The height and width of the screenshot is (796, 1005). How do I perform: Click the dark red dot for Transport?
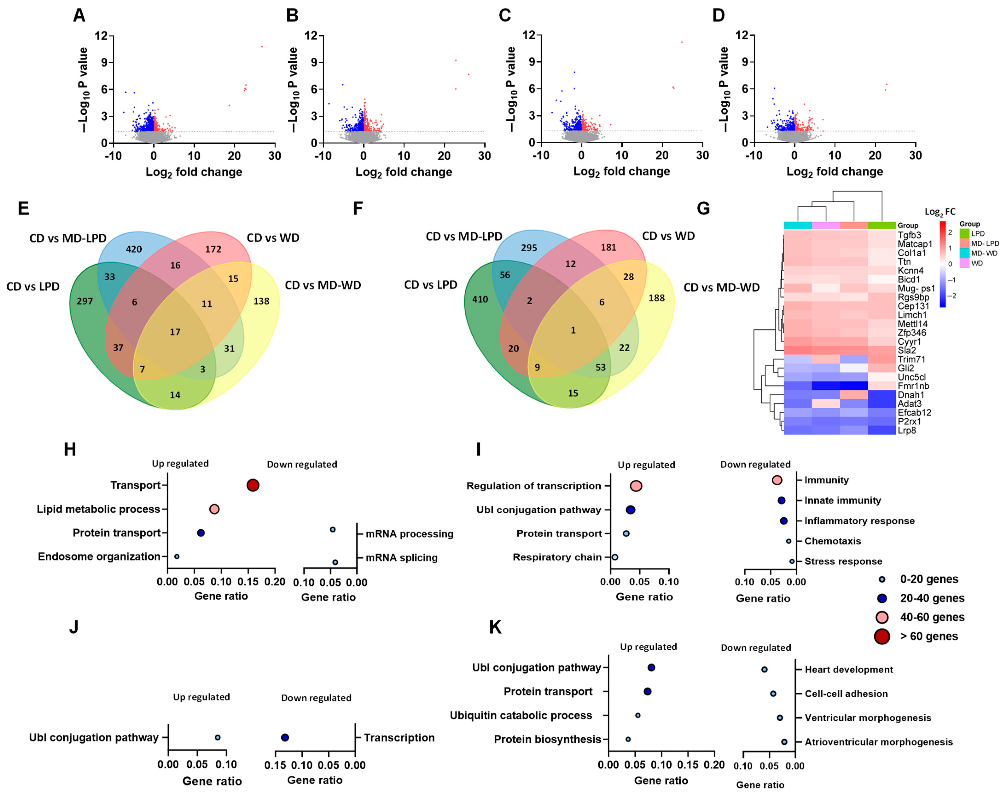[253, 485]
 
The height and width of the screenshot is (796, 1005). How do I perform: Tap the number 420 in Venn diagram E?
[134, 249]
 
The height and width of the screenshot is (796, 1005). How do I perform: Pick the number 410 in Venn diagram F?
[480, 299]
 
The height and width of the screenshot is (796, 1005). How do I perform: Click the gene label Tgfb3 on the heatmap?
[909, 235]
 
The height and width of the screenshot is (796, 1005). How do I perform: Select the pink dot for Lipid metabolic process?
[214, 509]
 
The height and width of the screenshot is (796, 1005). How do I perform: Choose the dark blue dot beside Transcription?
[285, 737]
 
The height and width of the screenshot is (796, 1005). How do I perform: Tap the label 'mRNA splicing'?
[401, 557]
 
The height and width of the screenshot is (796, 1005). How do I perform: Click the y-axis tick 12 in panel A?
[101, 36]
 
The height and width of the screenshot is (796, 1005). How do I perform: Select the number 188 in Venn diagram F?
[656, 298]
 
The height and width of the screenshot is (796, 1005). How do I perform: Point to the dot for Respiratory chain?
[615, 557]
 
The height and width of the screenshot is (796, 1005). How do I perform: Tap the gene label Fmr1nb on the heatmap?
[913, 386]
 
